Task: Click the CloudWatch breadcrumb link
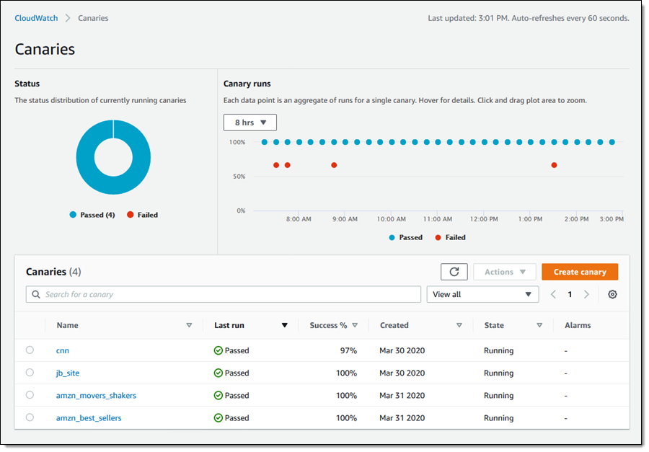click(x=36, y=18)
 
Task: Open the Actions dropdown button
click(x=504, y=272)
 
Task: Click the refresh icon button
click(x=454, y=272)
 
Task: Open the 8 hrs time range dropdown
click(x=250, y=123)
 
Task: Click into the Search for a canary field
click(x=224, y=294)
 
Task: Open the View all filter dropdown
click(x=482, y=294)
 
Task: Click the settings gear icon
click(x=612, y=294)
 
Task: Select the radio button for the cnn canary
click(x=30, y=350)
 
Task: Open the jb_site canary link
click(x=68, y=373)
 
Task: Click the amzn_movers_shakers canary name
click(x=96, y=395)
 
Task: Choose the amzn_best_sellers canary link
click(x=89, y=417)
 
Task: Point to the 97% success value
click(x=348, y=350)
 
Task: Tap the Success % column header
click(x=328, y=325)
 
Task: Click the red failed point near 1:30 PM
click(x=554, y=165)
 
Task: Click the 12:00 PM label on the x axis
click(x=484, y=219)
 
